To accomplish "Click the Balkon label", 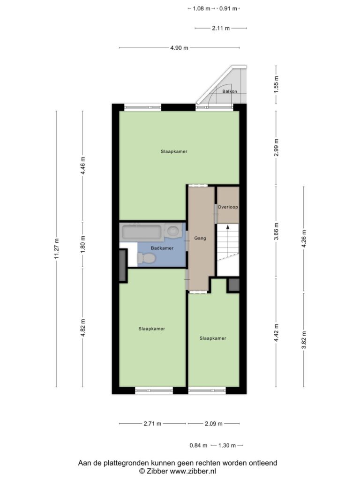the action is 230,91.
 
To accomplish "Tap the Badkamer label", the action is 162,248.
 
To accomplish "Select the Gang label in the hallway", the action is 200,238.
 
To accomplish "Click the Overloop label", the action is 228,207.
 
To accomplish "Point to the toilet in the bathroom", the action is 147,258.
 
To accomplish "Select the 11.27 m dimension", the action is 57,248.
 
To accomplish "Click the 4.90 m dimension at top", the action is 180,48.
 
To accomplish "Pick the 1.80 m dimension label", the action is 82,244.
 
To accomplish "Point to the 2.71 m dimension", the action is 152,424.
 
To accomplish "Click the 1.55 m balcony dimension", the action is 276,84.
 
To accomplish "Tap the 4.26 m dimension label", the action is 304,239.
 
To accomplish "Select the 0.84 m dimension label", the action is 198,445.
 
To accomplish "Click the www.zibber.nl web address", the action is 193,472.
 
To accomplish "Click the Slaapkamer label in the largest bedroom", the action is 174,151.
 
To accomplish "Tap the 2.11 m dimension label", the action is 221,28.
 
